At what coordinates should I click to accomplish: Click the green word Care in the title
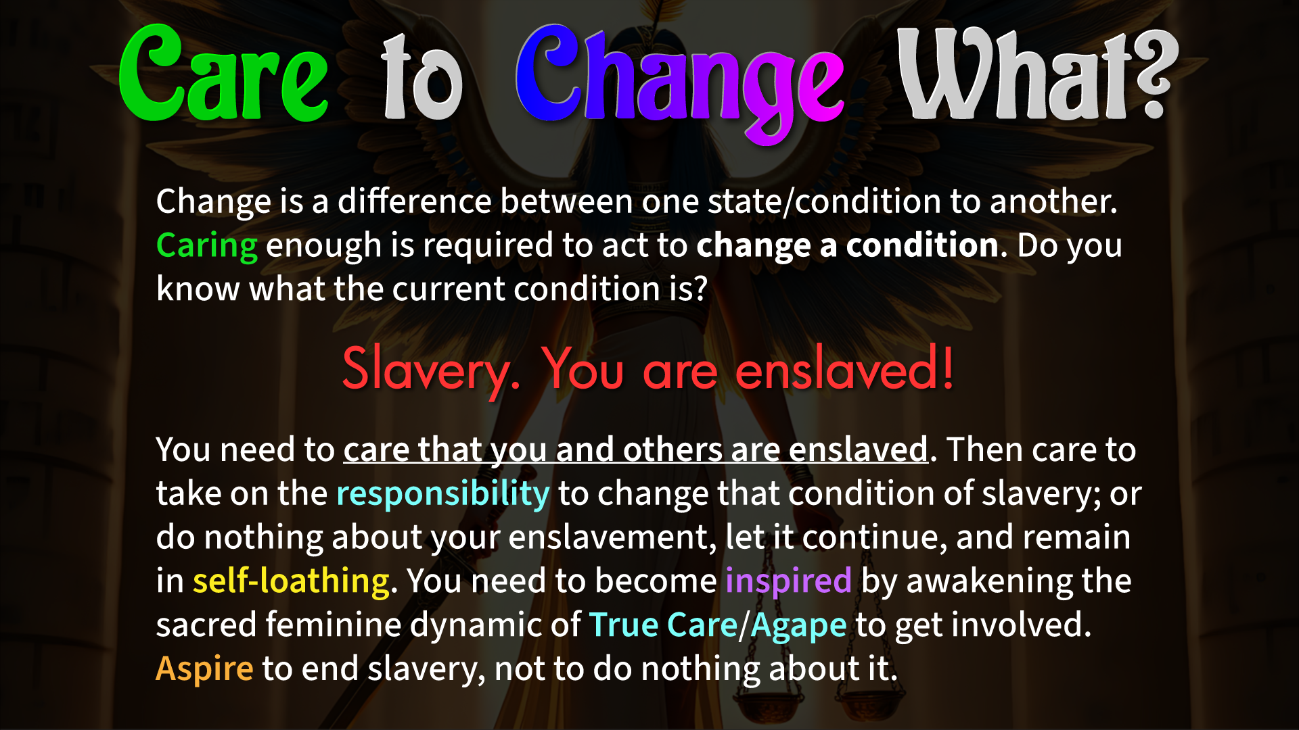click(223, 73)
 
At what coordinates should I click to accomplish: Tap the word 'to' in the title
click(422, 78)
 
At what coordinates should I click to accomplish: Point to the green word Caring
click(207, 245)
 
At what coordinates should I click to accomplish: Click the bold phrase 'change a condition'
click(848, 245)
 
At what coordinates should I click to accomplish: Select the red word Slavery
click(431, 370)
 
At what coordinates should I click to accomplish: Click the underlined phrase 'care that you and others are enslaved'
click(635, 450)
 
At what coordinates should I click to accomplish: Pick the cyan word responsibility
click(443, 493)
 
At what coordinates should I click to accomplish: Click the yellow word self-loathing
click(292, 581)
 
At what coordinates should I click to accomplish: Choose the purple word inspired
click(788, 581)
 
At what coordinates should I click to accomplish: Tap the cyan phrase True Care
click(663, 625)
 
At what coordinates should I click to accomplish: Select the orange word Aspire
click(205, 669)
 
